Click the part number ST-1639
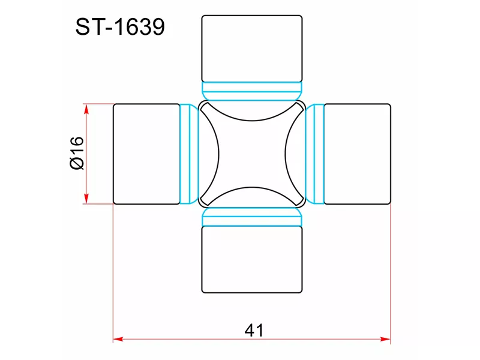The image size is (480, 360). coord(120,27)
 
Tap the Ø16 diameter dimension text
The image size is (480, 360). coord(77,153)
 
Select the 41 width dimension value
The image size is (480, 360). coord(254,331)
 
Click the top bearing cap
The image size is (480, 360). coord(252,49)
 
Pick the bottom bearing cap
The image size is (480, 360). coord(252,260)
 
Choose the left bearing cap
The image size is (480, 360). coord(146,154)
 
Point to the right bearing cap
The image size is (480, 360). coord(357,154)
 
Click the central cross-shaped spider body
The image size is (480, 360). coord(252,154)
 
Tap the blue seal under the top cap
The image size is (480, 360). coord(252,91)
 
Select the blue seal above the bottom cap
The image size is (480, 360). coord(252,217)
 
